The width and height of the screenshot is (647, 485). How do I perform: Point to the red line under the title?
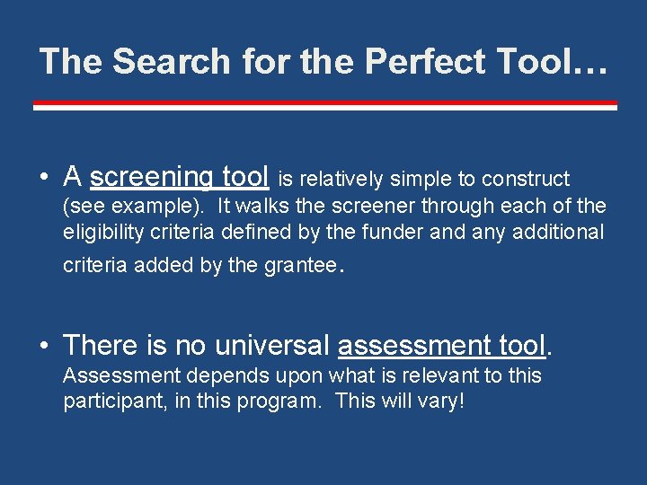click(x=324, y=105)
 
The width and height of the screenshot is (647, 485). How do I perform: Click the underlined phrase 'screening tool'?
click(x=179, y=176)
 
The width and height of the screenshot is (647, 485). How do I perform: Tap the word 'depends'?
click(x=191, y=375)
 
